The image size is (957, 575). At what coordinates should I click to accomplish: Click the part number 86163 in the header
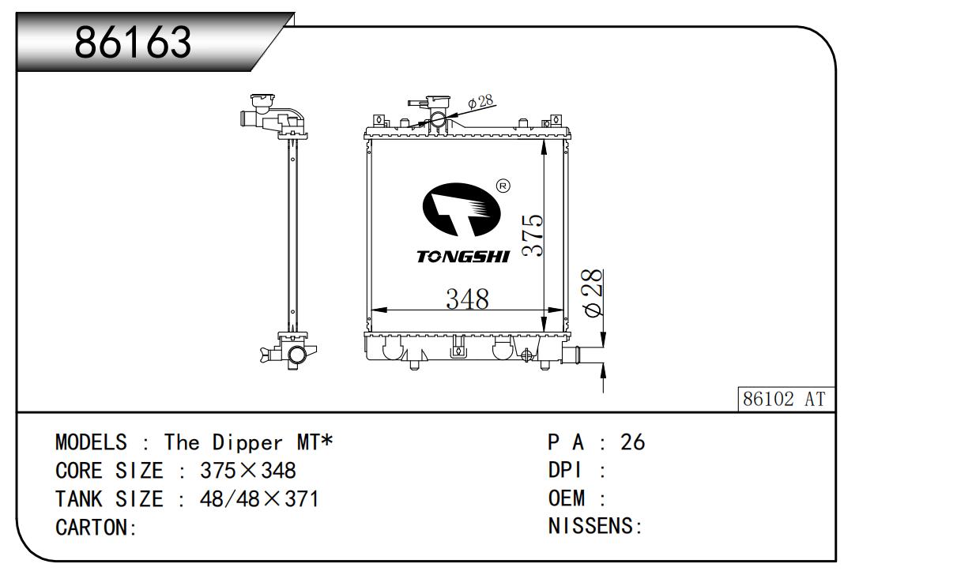click(133, 42)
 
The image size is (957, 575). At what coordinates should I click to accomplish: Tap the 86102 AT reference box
click(786, 399)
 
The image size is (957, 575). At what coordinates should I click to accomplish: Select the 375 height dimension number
click(533, 235)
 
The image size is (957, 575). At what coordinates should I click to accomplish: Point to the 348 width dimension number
click(467, 299)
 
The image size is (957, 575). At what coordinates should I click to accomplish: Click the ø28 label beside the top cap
click(480, 102)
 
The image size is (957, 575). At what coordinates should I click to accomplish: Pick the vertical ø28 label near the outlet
click(593, 293)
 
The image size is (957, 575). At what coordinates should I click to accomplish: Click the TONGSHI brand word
click(463, 257)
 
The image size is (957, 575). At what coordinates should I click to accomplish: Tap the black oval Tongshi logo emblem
click(462, 209)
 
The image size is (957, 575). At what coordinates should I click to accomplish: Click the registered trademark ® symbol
click(503, 186)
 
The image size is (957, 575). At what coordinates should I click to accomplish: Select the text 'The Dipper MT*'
click(248, 442)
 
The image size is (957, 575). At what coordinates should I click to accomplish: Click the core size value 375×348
click(248, 471)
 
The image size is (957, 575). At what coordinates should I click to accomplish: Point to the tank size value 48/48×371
click(259, 499)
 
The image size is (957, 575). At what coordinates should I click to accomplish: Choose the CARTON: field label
click(96, 527)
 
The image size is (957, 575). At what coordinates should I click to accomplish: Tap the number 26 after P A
click(632, 442)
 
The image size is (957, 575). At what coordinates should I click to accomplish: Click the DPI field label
click(564, 470)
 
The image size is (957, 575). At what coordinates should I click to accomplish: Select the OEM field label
click(566, 498)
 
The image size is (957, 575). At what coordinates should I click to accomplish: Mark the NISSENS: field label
click(595, 526)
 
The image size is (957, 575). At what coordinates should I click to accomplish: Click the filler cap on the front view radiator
click(438, 103)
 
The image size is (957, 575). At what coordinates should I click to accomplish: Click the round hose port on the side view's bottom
click(297, 355)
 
